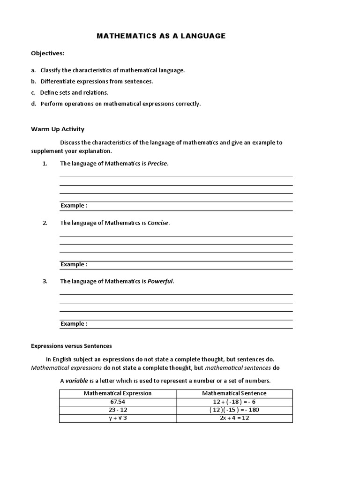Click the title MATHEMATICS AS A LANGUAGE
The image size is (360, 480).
[161, 36]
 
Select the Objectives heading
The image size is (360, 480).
[47, 53]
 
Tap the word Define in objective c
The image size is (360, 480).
[49, 93]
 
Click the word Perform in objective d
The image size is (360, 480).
[52, 104]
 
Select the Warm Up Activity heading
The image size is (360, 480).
[58, 129]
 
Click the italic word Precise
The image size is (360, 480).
[157, 164]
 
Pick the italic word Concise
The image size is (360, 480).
[158, 223]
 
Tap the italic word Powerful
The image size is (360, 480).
[160, 282]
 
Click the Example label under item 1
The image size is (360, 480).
[74, 206]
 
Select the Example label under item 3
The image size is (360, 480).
[74, 324]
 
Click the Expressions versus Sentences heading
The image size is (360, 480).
[71, 346]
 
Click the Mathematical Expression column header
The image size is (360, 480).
[118, 394]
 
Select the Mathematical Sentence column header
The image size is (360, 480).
[234, 394]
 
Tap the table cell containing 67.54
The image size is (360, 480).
[118, 402]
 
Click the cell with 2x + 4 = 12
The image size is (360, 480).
[234, 418]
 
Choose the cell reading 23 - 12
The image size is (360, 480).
[118, 410]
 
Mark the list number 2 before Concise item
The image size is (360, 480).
[45, 223]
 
